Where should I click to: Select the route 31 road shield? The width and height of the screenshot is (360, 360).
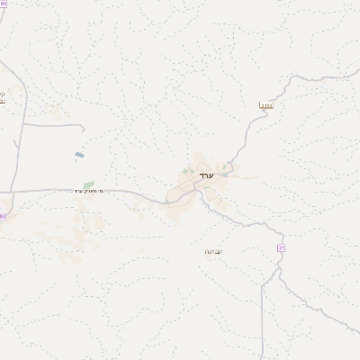[x=281, y=247]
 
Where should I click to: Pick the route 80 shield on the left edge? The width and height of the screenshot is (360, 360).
[x=3, y=217]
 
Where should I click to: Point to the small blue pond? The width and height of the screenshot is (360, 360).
[x=81, y=156]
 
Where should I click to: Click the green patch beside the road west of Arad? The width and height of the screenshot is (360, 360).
[x=88, y=184]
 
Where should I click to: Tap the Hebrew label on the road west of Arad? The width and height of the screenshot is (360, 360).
[x=85, y=191]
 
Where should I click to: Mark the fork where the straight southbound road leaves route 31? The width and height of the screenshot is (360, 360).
[x=262, y=282]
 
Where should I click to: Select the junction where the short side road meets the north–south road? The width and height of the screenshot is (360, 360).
[x=22, y=124]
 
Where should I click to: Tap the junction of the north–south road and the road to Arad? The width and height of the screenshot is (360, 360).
[x=13, y=192]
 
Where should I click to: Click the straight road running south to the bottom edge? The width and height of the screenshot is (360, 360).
[x=262, y=324]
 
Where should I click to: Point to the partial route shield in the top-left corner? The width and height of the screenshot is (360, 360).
[x=3, y=5]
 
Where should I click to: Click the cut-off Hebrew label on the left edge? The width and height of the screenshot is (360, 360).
[x=3, y=98]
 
